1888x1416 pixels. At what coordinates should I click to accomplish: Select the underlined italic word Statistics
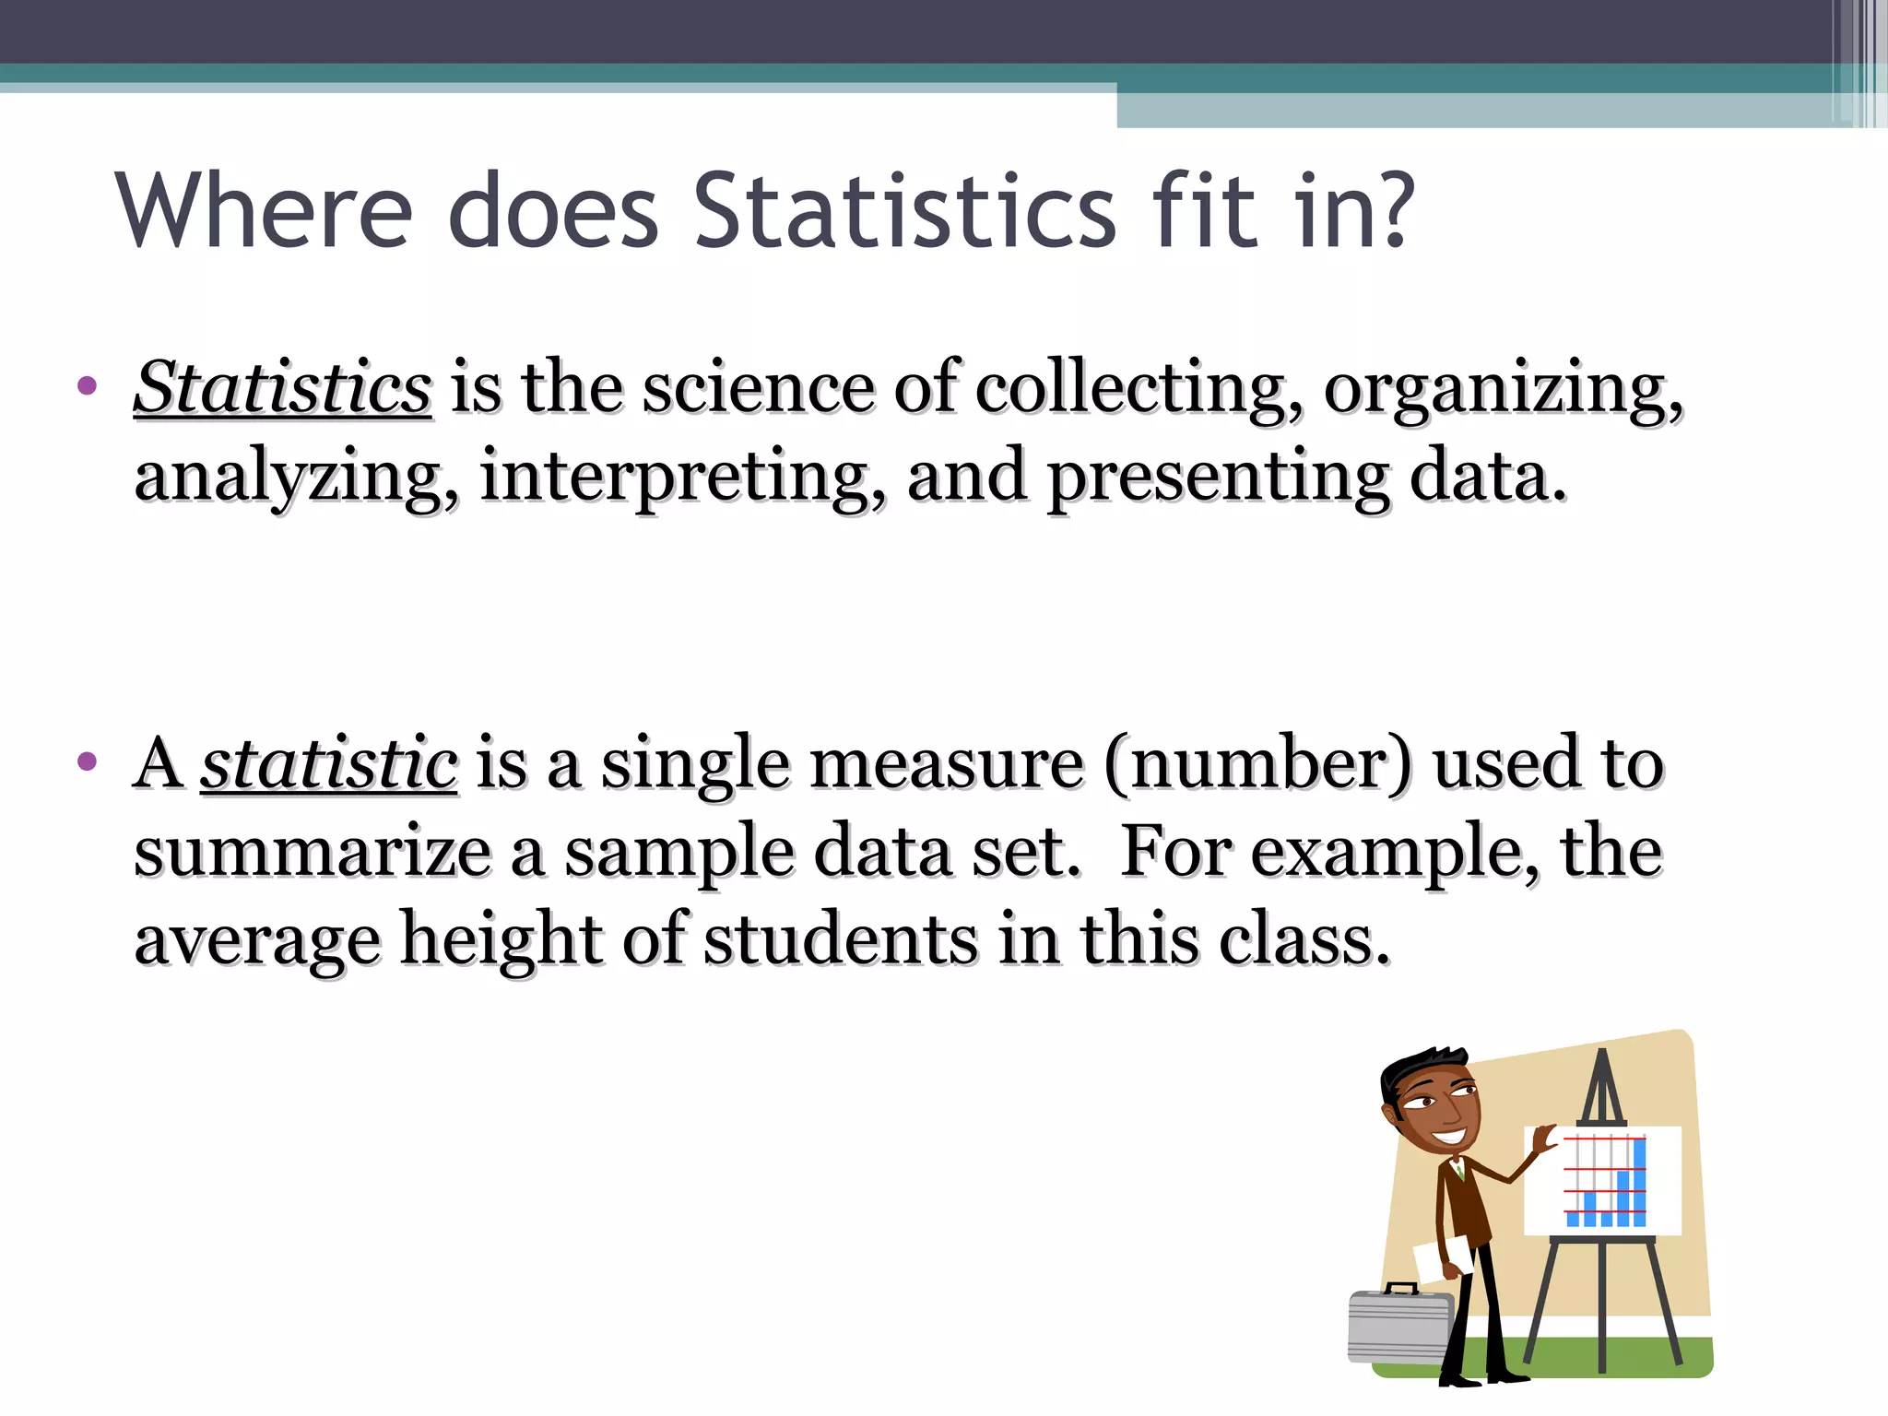pos(282,387)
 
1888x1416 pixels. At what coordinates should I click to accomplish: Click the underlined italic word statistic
pos(329,763)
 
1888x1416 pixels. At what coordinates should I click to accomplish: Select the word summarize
pos(313,852)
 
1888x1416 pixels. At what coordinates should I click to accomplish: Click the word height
pos(501,940)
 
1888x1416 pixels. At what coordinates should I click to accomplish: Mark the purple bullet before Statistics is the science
pos(88,385)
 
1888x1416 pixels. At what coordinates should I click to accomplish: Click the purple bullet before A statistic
pos(88,761)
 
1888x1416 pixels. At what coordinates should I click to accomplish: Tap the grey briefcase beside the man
pos(1399,1326)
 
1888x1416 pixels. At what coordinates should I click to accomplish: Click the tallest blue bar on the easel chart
pos(1639,1183)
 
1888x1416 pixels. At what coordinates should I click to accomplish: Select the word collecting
pos(1139,389)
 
